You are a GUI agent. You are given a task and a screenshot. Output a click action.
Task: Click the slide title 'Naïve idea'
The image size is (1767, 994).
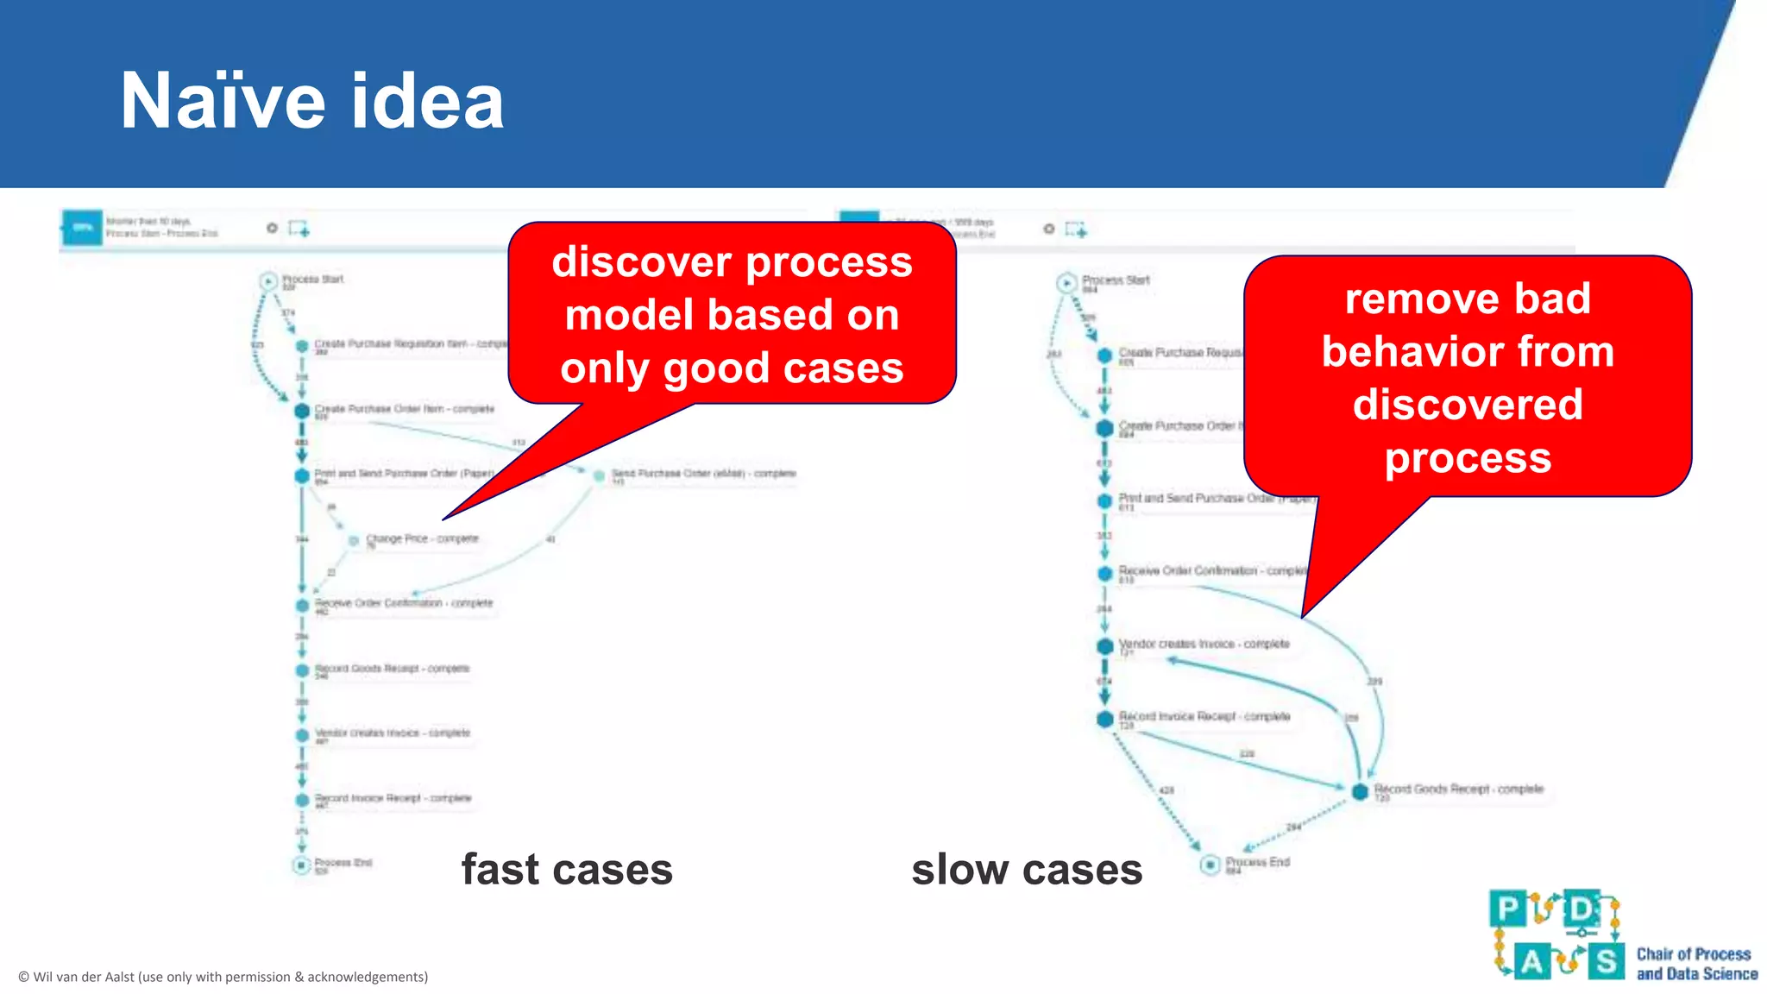tap(311, 102)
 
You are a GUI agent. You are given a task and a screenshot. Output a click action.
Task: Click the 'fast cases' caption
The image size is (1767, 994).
tap(566, 870)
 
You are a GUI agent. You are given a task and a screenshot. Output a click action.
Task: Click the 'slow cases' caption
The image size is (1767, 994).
tap(1027, 870)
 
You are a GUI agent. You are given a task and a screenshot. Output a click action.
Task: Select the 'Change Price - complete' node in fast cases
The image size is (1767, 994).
tap(354, 540)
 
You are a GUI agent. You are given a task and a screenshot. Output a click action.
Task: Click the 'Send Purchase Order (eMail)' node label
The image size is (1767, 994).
tap(703, 474)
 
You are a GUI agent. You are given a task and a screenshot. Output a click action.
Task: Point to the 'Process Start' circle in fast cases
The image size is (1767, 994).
tap(268, 281)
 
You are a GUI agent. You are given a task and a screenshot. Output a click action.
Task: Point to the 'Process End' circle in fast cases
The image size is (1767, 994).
tap(301, 864)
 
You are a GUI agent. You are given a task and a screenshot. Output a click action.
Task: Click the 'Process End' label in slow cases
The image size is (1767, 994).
tap(1257, 862)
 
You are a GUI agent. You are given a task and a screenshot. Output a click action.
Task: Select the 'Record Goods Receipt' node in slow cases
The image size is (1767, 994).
tap(1360, 790)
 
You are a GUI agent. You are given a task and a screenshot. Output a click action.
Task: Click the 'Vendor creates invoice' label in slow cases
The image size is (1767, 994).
tap(1204, 645)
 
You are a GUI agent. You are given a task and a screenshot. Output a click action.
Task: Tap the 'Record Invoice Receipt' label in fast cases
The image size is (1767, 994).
tap(393, 798)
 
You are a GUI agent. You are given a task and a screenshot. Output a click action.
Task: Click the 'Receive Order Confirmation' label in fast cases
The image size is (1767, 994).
tap(403, 603)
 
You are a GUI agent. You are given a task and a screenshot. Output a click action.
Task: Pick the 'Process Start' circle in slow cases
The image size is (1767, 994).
tap(1066, 282)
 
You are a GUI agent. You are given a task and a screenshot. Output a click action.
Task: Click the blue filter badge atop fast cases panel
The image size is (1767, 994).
tap(83, 228)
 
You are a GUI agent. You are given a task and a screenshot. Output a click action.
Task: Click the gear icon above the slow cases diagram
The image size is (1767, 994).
tap(1048, 229)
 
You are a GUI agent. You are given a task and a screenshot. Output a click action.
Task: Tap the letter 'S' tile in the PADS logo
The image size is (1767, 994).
tap(1606, 960)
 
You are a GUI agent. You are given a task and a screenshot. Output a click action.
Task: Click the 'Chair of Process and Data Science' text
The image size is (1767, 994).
tap(1696, 964)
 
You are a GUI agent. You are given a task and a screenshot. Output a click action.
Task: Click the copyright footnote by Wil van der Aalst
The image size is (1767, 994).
tap(223, 977)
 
